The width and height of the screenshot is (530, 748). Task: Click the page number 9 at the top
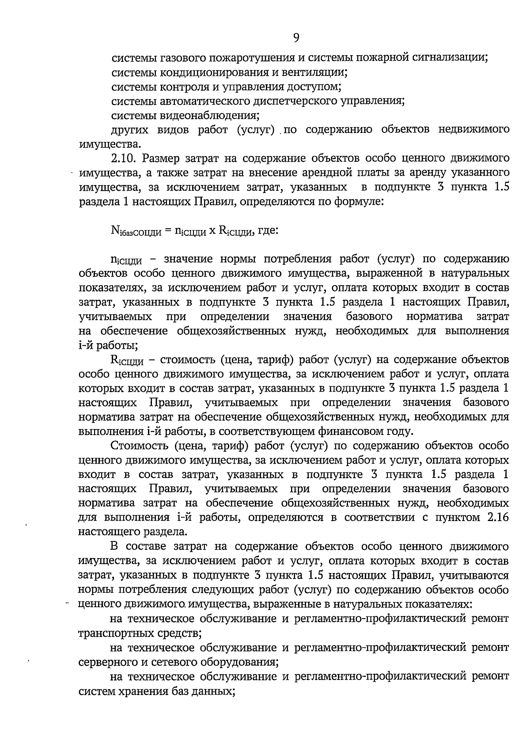coord(296,38)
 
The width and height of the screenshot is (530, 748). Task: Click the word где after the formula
coord(267,230)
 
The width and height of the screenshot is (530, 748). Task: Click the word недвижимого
coord(473,129)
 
